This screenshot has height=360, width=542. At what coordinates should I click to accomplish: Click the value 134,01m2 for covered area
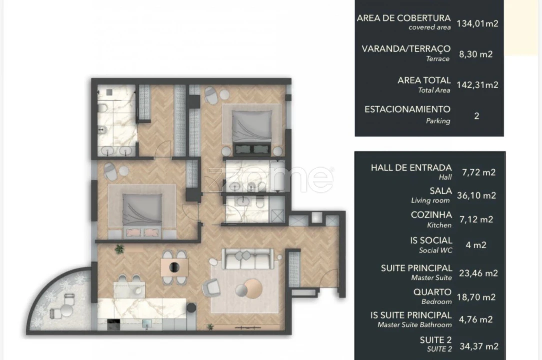coord(478,22)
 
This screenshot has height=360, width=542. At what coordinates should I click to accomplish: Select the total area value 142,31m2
coord(478,85)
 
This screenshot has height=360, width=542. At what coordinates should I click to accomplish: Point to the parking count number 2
coord(476,116)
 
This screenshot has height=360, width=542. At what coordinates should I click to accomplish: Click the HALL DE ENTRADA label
coord(411,168)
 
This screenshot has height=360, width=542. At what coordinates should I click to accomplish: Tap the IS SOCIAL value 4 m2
coord(476,245)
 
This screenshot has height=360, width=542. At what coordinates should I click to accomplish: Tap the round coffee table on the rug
coord(248,288)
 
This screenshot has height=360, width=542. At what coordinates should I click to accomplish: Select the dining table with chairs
coord(174,267)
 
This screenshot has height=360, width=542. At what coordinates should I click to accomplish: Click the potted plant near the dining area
coord(119,248)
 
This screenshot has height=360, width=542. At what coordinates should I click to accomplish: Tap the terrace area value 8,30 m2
coord(478,54)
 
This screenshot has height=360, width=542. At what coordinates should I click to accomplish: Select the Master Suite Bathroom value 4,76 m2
coord(478,319)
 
